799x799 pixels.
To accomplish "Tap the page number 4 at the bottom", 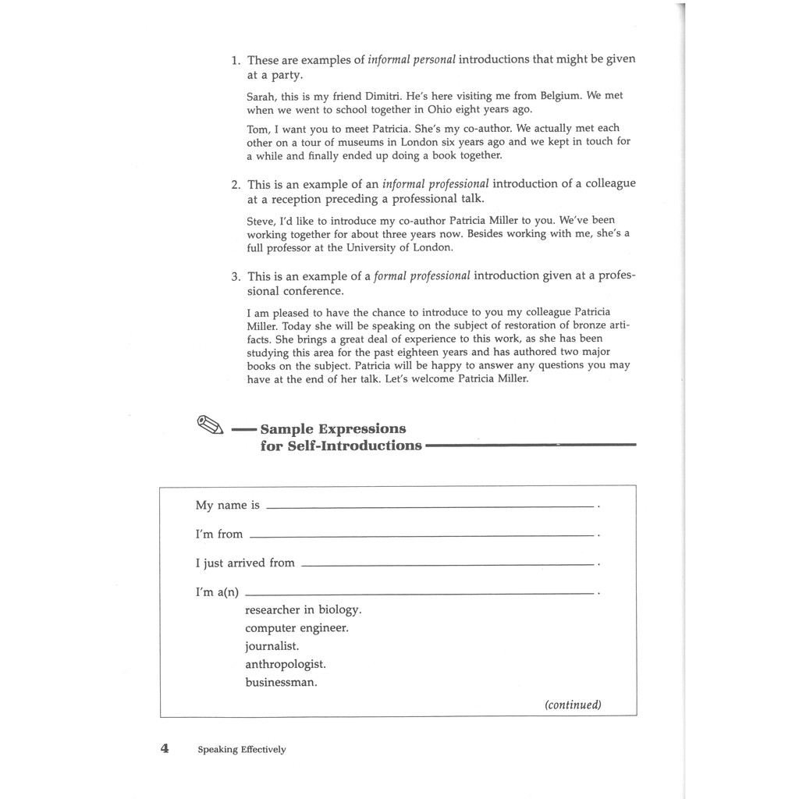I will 165,748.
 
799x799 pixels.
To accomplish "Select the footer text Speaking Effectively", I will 242,750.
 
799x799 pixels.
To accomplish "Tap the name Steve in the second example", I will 260,221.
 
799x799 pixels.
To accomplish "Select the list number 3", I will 235,276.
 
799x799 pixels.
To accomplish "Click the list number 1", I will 235,60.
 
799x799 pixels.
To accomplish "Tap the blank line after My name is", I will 430,506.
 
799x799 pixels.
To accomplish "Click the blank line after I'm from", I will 421,535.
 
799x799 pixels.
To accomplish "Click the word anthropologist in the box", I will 286,664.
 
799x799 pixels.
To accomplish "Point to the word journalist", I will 272,646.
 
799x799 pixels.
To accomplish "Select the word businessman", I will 281,682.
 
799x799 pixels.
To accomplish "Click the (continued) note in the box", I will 573,705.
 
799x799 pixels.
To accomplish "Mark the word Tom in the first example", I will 257,129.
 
